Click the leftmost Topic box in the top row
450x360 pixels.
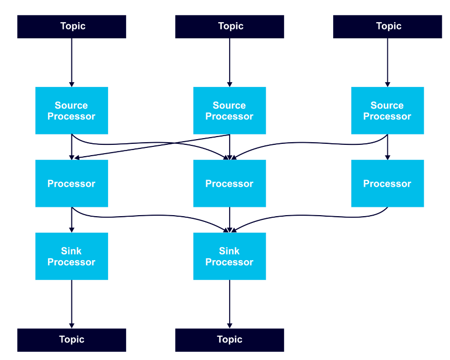[x=72, y=27]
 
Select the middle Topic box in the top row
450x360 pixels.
[x=230, y=27]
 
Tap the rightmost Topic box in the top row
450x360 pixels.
[x=387, y=27]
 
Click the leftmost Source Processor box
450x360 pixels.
[x=72, y=111]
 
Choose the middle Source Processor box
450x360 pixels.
[x=230, y=111]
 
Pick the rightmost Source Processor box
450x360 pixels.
[x=387, y=111]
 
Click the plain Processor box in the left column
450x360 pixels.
[x=72, y=184]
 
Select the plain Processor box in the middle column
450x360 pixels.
[x=230, y=184]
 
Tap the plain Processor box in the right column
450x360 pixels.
[x=387, y=184]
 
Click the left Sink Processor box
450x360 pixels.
[x=72, y=257]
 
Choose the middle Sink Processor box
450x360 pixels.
[x=230, y=257]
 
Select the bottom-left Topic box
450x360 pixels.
[x=72, y=340]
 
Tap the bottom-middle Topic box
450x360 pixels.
[x=230, y=340]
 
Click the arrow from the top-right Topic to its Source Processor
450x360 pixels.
[x=387, y=63]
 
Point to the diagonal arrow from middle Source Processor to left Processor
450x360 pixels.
[x=152, y=146]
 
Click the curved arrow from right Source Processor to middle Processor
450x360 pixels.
[x=310, y=143]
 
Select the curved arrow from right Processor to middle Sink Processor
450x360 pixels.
[x=310, y=215]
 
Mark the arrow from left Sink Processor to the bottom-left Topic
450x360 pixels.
[x=72, y=304]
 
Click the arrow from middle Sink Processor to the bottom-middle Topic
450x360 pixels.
[x=230, y=304]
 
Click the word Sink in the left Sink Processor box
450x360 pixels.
[x=71, y=251]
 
